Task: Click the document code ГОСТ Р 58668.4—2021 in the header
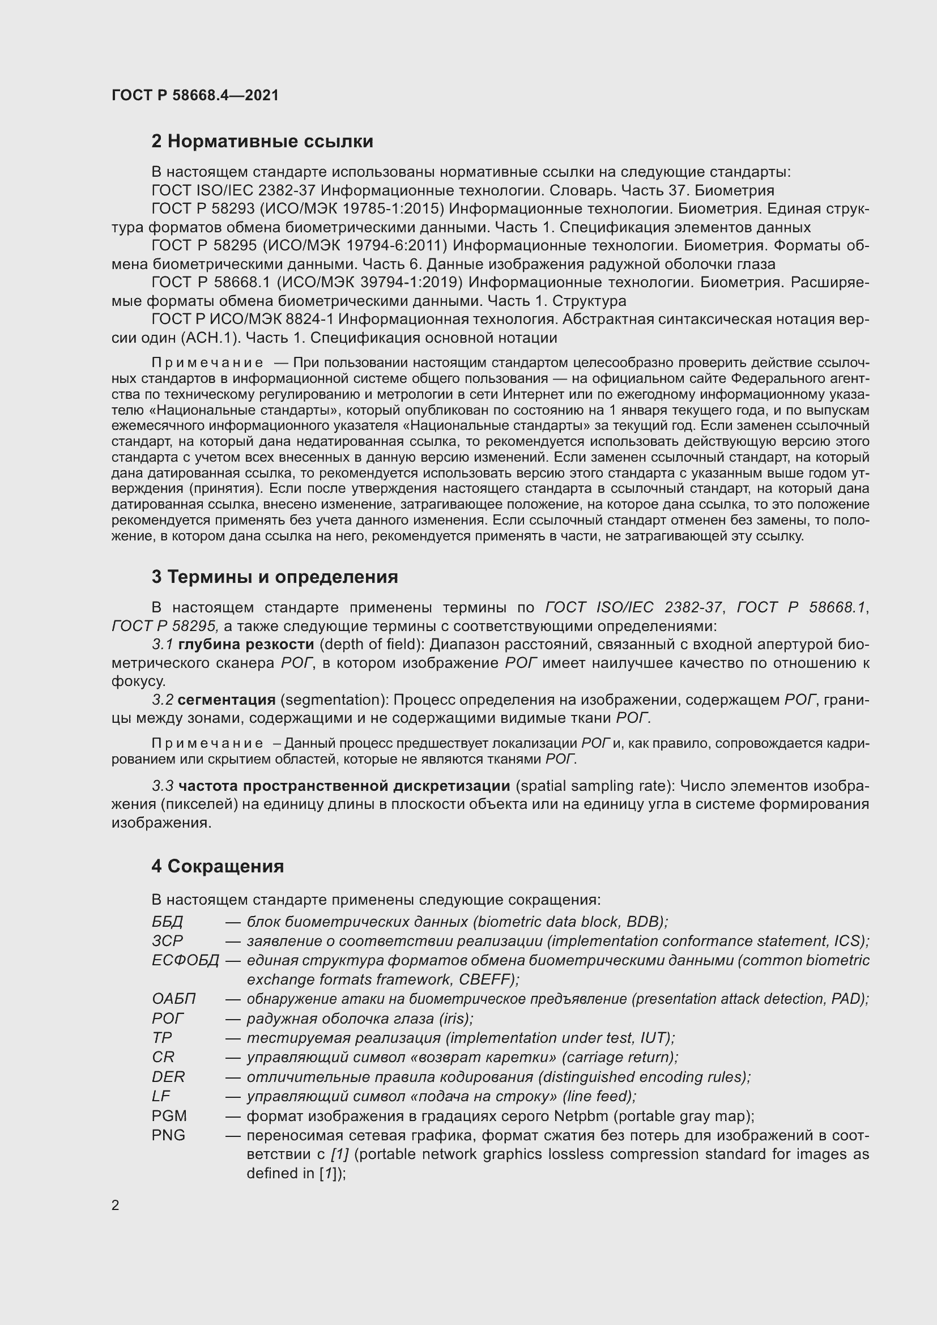pos(195,95)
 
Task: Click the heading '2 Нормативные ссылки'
pos(262,142)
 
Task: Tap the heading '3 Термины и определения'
pos(275,577)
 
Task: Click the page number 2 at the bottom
pos(116,1205)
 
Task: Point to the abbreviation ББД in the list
pos(167,922)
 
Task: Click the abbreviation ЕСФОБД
pos(185,960)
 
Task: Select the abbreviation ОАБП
pos(174,999)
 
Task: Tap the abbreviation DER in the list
pos(168,1077)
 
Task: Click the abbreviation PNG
pos(168,1135)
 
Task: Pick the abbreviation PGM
pos(169,1115)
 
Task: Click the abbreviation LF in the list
pos(161,1096)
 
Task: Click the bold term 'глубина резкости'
pos(246,644)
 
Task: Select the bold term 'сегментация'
pos(226,700)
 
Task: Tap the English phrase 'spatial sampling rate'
pos(594,786)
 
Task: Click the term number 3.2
pos(163,700)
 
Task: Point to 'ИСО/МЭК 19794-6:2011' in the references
pos(355,246)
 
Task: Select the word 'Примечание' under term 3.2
pos(207,743)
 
